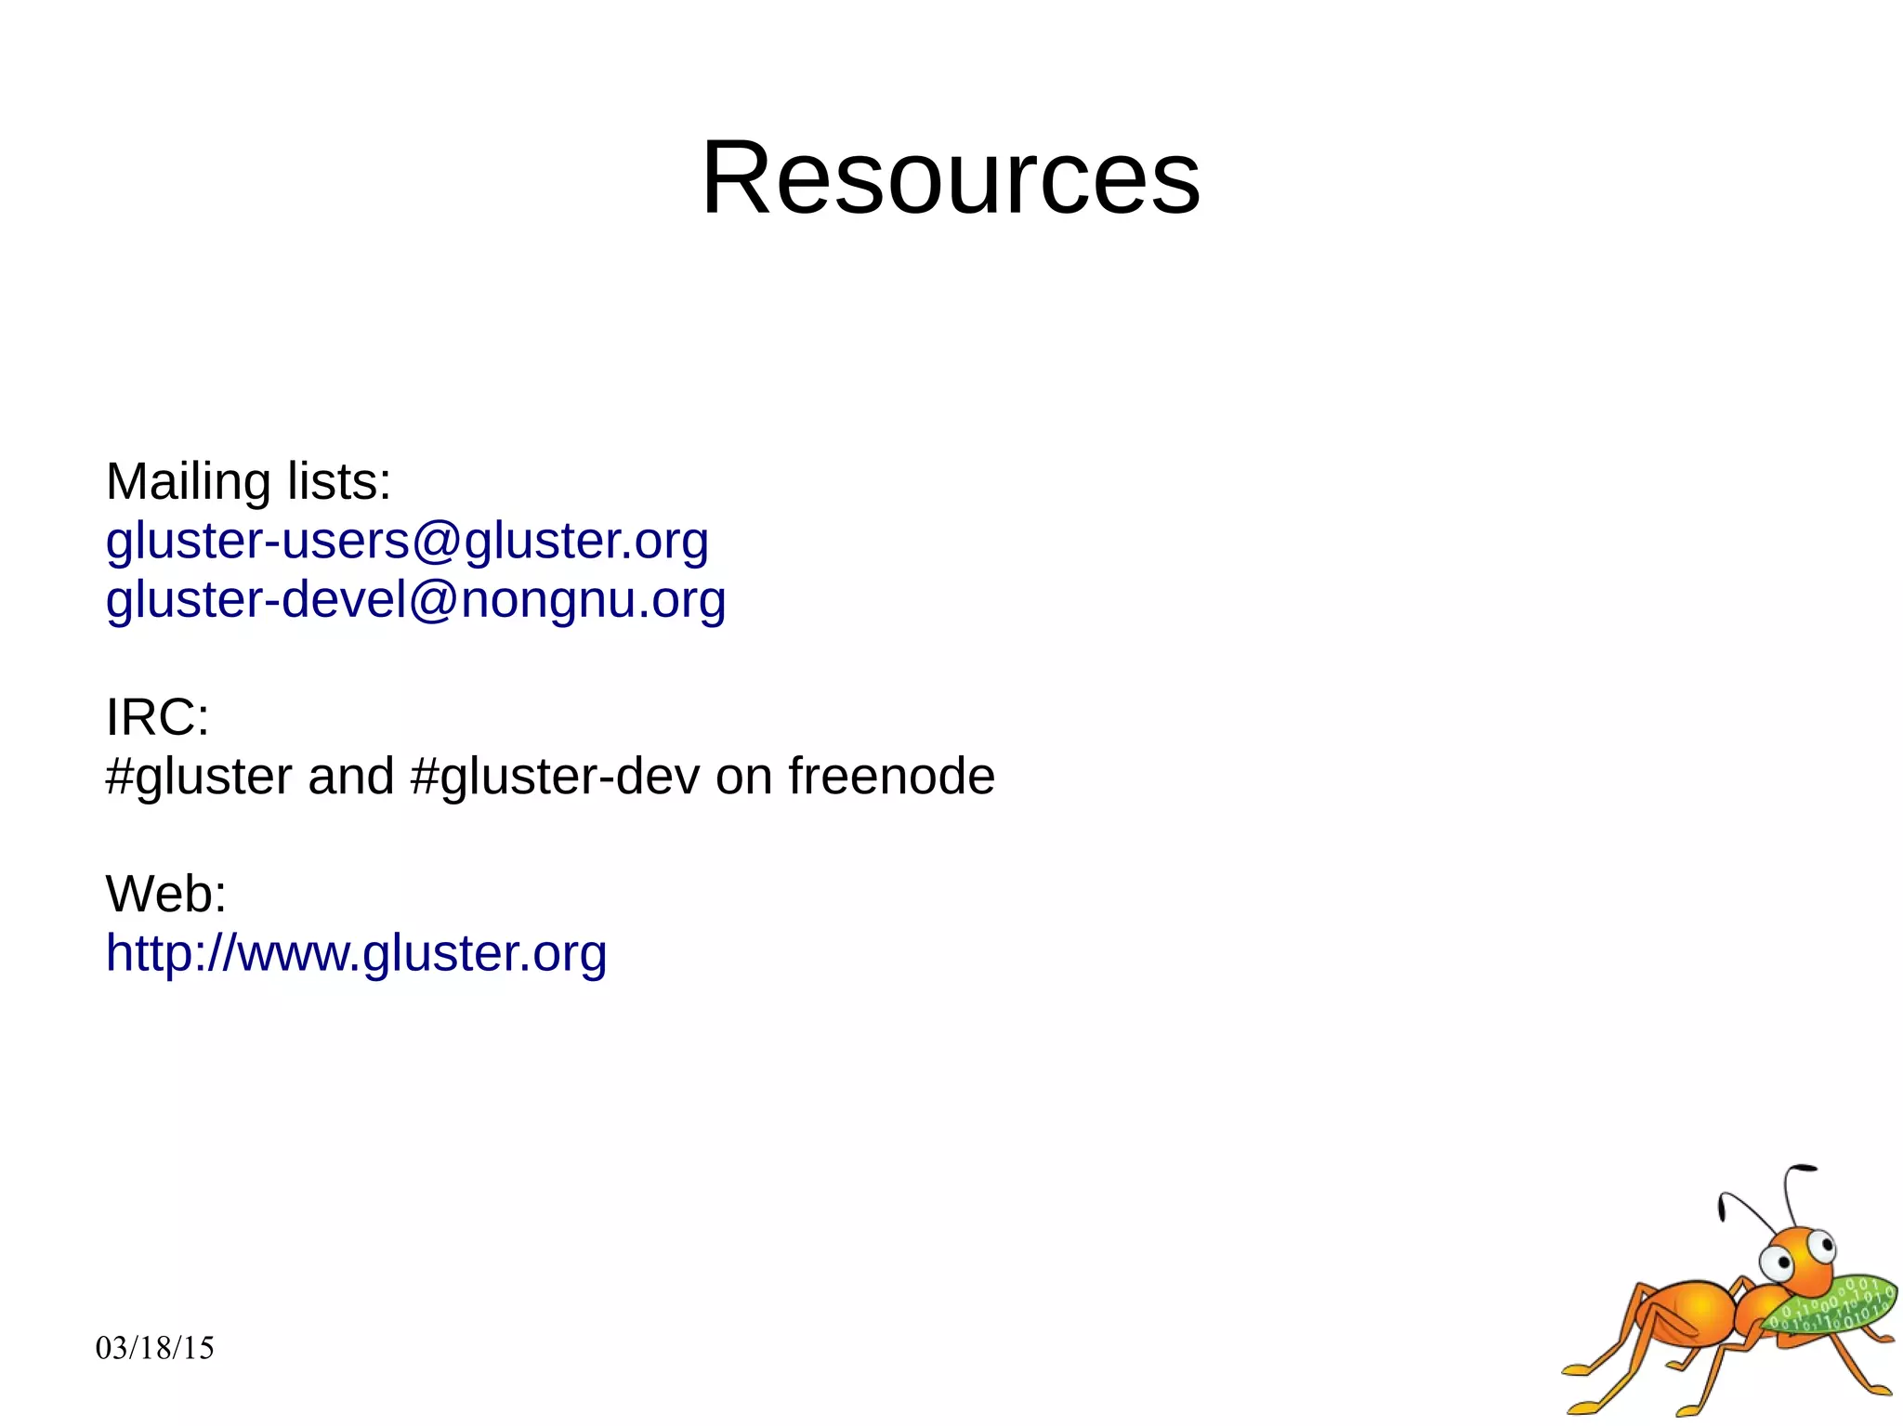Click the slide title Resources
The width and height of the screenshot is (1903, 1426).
pos(951,177)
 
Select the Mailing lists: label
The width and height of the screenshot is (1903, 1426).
pos(248,482)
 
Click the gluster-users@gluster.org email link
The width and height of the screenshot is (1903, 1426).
pos(407,541)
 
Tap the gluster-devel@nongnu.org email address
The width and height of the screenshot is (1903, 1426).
pos(415,599)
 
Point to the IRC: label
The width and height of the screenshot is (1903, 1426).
pos(157,717)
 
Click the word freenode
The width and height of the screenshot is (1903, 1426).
pos(891,776)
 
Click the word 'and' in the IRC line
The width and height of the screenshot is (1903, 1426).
pos(350,777)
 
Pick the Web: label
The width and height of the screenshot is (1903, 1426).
pos(165,894)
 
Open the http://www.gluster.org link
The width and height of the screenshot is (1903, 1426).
pos(356,953)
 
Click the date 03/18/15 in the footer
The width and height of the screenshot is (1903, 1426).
pos(154,1348)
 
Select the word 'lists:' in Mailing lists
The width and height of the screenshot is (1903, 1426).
pos(339,482)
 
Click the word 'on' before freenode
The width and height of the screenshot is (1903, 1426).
pos(743,777)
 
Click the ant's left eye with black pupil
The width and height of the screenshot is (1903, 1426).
pos(1779,1262)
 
